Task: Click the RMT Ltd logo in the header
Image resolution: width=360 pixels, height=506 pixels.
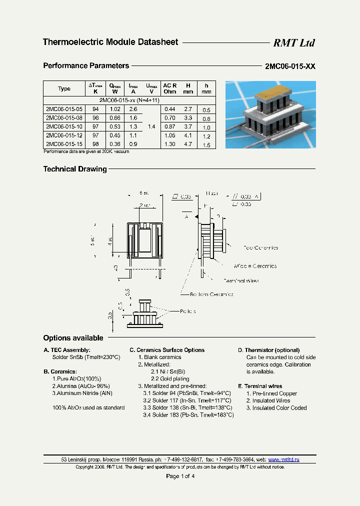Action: click(293, 43)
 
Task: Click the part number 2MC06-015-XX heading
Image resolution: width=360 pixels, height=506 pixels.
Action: click(290, 66)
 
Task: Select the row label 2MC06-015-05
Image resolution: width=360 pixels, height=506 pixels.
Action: click(64, 109)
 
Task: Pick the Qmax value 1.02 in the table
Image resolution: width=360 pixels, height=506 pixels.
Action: click(114, 109)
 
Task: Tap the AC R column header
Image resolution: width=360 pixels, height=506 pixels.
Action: click(169, 86)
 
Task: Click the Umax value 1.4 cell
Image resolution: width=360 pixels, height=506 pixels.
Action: click(151, 127)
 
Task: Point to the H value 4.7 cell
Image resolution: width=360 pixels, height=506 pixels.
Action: click(188, 144)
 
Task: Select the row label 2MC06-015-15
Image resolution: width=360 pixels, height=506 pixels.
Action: click(64, 144)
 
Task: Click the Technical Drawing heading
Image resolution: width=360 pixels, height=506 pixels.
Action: click(75, 169)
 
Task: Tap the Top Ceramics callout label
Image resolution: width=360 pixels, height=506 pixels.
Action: click(260, 248)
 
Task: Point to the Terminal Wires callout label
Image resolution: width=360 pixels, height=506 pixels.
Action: click(241, 281)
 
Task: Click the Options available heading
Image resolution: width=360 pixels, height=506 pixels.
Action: click(73, 338)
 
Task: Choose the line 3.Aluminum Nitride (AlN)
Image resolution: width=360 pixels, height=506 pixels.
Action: click(82, 393)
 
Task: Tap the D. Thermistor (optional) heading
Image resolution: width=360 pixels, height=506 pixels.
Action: click(268, 350)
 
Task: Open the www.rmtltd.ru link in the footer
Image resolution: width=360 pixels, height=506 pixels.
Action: click(284, 459)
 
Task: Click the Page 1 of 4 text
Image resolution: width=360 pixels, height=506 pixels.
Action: click(180, 476)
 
